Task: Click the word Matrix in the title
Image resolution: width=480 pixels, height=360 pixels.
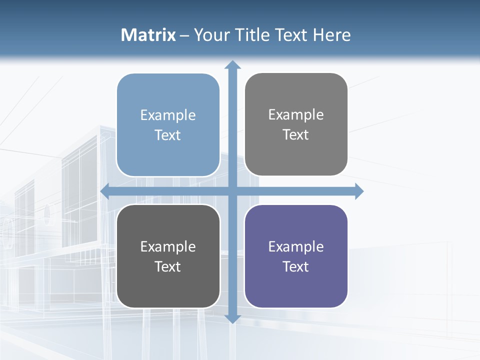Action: click(148, 35)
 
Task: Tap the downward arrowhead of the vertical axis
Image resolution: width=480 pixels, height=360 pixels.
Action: click(232, 318)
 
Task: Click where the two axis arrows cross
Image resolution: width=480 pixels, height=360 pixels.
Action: click(232, 191)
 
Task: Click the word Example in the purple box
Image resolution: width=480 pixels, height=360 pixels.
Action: click(295, 246)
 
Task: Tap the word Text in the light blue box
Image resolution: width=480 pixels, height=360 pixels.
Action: click(167, 135)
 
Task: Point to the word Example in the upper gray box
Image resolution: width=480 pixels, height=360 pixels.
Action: click(295, 115)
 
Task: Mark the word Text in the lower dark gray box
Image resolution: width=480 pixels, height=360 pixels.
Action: click(167, 266)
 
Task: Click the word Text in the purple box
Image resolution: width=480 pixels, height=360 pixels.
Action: click(295, 266)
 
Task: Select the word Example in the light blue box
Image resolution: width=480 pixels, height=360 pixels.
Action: click(167, 115)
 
